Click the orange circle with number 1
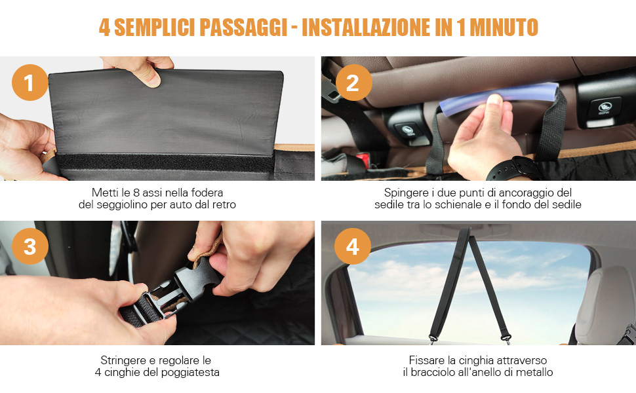click(30, 83)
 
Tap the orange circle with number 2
click(353, 83)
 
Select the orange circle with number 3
click(30, 246)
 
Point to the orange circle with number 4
click(353, 246)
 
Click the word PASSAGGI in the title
click(243, 28)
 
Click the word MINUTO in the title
click(504, 28)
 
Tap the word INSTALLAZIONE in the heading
click(365, 28)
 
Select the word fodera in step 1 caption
click(207, 193)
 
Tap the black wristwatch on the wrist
click(512, 169)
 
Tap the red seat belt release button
click(363, 160)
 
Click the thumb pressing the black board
click(149, 76)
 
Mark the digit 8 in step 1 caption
click(136, 193)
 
